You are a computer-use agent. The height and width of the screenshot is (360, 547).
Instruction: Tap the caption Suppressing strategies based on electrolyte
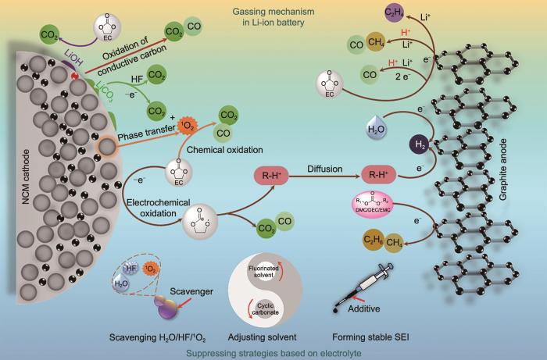pos(270,351)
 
